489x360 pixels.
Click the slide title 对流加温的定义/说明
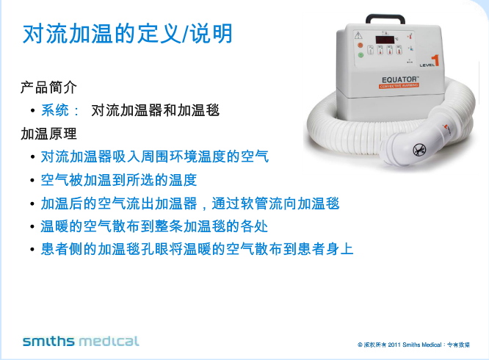128,34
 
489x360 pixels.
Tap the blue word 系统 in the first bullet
56,111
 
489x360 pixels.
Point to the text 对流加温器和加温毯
155,111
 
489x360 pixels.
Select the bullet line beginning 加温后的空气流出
190,203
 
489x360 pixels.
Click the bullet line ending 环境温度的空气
155,156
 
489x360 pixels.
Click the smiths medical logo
81,341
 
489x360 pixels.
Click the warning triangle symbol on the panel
358,35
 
